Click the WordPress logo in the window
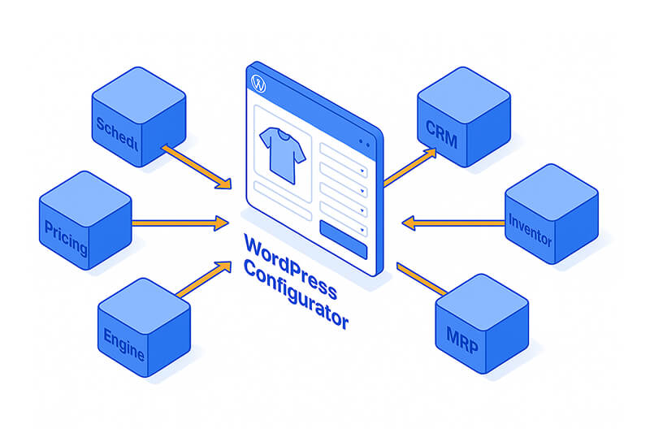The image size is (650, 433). click(x=259, y=84)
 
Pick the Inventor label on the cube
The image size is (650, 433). click(x=530, y=230)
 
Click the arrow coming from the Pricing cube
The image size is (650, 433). click(x=179, y=221)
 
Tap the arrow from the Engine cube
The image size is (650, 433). click(x=203, y=279)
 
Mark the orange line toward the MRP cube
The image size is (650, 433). click(x=422, y=279)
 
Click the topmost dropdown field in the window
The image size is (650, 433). click(x=344, y=152)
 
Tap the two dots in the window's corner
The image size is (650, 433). click(x=363, y=144)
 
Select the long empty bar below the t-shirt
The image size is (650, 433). click(x=282, y=210)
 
